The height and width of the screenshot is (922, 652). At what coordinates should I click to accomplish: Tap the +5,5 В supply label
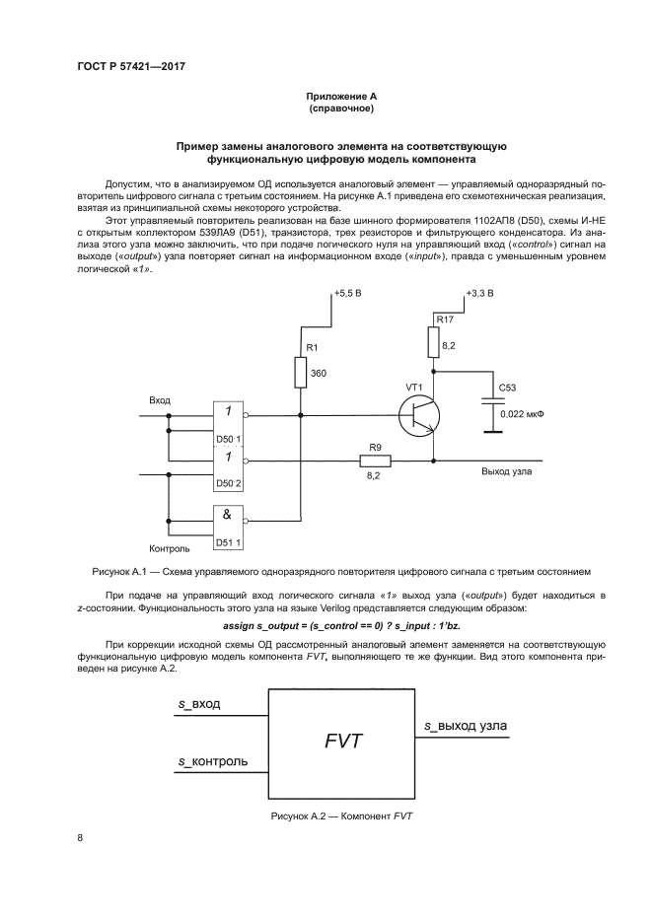tap(348, 294)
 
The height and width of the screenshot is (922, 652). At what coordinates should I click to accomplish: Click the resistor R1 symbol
tap(300, 373)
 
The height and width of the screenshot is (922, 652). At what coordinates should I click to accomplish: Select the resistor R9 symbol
tap(375, 461)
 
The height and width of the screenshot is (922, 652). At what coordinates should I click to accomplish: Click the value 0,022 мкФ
tap(522, 415)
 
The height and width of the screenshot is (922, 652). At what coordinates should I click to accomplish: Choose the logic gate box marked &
tap(227, 520)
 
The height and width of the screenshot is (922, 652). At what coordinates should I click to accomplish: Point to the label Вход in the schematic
tap(159, 400)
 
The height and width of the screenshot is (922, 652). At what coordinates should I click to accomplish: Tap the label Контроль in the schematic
tap(169, 547)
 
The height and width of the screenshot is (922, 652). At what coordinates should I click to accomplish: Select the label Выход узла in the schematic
tap(507, 471)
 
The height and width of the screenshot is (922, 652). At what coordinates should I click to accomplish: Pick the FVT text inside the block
tap(343, 740)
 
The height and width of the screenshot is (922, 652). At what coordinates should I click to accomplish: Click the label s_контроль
tap(212, 762)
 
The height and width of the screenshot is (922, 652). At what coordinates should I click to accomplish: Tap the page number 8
tap(81, 838)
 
